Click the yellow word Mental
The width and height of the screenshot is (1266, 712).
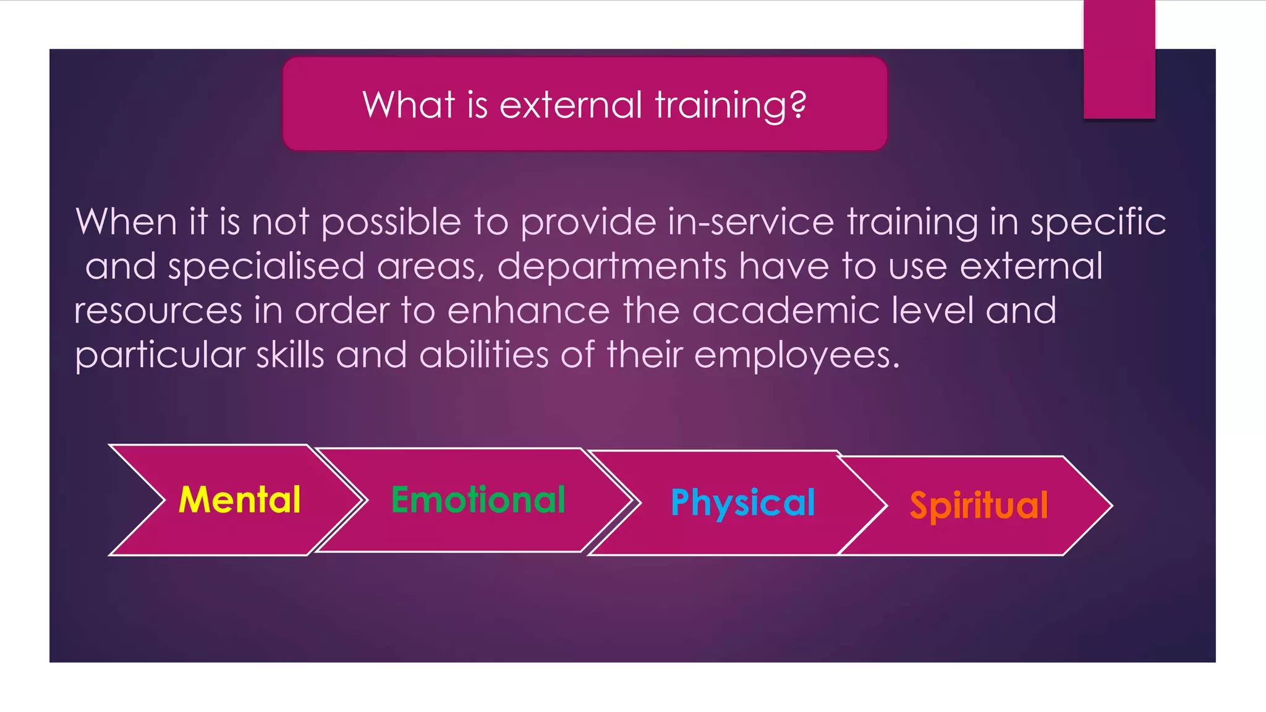(240, 499)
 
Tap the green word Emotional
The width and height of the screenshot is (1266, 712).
(478, 499)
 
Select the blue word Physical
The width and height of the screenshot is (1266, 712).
(743, 502)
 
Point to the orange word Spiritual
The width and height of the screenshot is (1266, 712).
(979, 506)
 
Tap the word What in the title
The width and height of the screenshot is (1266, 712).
(409, 104)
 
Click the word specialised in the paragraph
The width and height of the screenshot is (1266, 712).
(266, 266)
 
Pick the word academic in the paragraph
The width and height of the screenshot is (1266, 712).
(785, 310)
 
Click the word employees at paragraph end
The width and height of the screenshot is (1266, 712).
(796, 355)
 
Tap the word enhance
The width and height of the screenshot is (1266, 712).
(529, 310)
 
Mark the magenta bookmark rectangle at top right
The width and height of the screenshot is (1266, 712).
(1119, 59)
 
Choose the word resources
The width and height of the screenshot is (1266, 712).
(158, 310)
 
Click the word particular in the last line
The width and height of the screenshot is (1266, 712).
(160, 355)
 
